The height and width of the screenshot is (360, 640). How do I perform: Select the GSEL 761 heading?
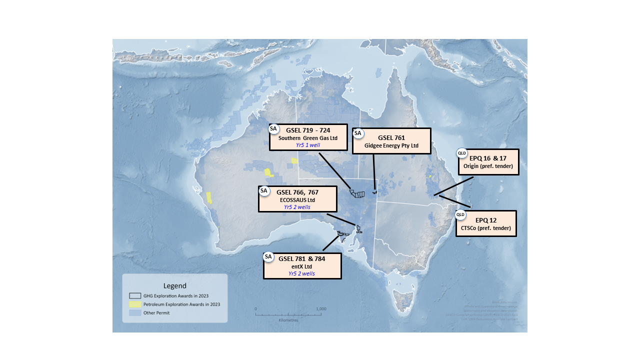pyautogui.click(x=391, y=137)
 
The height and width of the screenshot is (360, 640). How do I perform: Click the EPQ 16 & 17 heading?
pyautogui.click(x=487, y=158)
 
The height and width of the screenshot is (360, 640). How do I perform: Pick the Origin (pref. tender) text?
pyautogui.click(x=488, y=166)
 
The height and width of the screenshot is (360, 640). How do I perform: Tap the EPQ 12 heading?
pyautogui.click(x=486, y=220)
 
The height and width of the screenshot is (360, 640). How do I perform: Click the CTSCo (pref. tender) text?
pyautogui.click(x=486, y=228)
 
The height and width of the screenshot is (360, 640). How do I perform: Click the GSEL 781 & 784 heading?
pyautogui.click(x=302, y=259)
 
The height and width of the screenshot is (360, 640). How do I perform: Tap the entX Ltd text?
pyautogui.click(x=302, y=266)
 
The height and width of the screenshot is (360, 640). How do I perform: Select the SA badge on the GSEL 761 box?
pyautogui.click(x=358, y=133)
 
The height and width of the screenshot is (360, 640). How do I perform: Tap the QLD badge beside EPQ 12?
pyautogui.click(x=460, y=215)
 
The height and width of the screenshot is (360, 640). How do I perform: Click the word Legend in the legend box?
pyautogui.click(x=174, y=285)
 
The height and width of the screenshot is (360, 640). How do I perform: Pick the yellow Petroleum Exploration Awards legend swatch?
pyautogui.click(x=135, y=304)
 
